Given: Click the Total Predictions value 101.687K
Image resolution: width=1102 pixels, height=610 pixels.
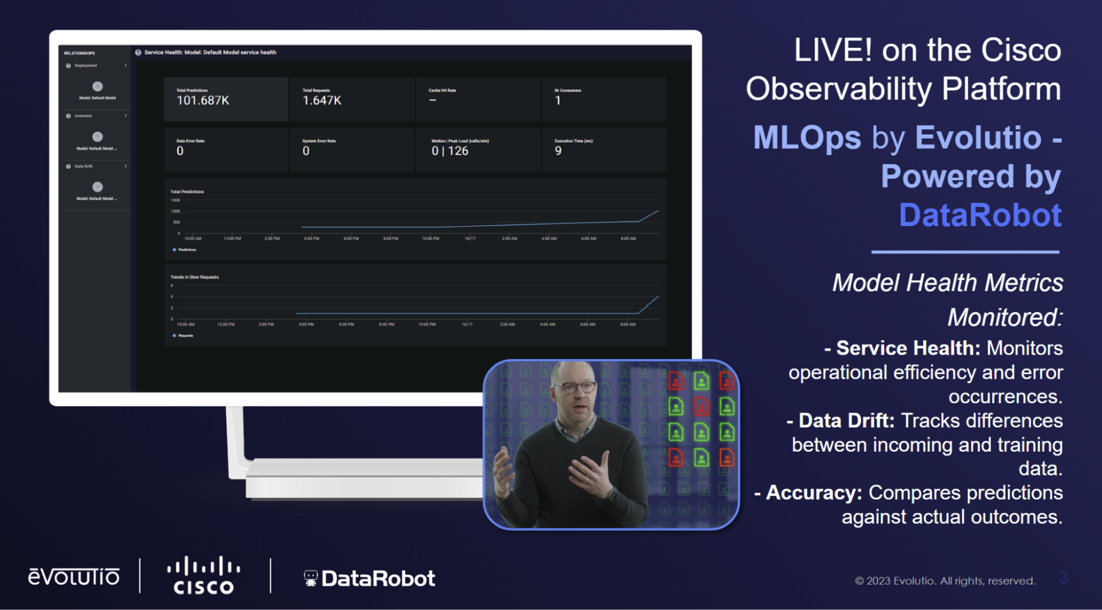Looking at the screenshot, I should (203, 100).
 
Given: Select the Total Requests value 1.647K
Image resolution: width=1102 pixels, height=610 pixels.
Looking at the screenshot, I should (322, 100).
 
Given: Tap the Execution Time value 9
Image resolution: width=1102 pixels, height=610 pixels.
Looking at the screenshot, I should (558, 151).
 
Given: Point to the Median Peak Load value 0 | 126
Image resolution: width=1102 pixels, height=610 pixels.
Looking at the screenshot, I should (450, 151).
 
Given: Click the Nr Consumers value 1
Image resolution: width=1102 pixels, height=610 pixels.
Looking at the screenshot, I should (558, 100).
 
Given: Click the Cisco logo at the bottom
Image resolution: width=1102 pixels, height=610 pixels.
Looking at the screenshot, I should (203, 576).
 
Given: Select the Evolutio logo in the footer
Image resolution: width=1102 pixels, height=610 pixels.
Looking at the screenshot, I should (74, 577).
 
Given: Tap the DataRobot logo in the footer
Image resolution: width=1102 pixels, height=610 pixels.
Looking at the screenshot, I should (369, 579).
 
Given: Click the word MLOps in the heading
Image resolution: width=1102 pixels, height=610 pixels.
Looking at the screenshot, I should (807, 138).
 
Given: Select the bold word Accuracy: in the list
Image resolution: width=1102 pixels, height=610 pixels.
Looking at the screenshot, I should (814, 493).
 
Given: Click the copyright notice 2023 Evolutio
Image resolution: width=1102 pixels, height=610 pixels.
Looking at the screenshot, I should (945, 581).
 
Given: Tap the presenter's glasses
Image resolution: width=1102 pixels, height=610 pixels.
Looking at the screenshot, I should (577, 387).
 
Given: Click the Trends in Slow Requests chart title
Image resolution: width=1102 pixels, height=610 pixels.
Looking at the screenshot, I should (194, 277).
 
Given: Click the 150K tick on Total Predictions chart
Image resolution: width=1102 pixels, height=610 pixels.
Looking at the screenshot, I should (175, 200).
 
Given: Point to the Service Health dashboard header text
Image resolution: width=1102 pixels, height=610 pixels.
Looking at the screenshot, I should (210, 52).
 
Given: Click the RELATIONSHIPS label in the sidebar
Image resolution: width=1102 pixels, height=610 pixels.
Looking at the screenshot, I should (79, 53).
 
